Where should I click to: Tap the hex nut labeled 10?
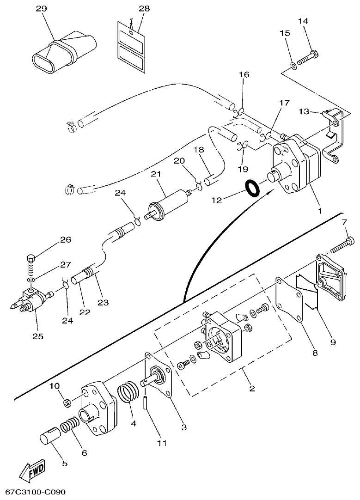[x=67, y=403]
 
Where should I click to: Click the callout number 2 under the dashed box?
[x=252, y=388]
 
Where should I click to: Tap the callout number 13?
[x=303, y=111]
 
